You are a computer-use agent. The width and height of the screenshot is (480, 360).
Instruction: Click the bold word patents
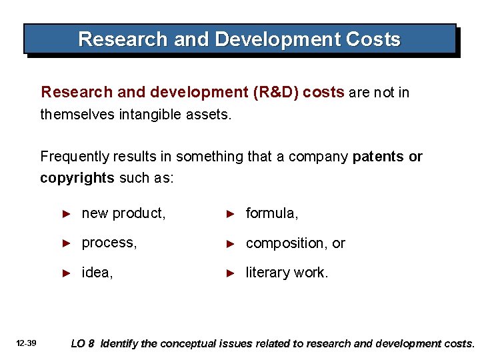click(378, 157)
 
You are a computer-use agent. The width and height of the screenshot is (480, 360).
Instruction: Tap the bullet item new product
click(123, 213)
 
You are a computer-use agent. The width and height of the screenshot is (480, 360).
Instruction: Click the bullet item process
click(109, 243)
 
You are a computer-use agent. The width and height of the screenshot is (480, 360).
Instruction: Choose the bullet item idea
click(97, 273)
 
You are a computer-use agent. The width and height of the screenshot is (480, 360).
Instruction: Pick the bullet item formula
click(272, 213)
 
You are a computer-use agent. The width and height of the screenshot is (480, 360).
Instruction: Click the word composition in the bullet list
click(281, 243)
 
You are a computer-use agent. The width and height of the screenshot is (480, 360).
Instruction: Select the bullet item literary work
click(287, 273)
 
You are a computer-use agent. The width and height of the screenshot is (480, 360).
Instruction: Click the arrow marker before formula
click(230, 214)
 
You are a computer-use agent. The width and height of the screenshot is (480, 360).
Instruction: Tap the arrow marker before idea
click(66, 273)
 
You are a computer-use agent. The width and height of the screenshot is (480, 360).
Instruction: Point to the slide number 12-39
click(27, 343)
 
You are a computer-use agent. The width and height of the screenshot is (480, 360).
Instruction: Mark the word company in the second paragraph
click(321, 157)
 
